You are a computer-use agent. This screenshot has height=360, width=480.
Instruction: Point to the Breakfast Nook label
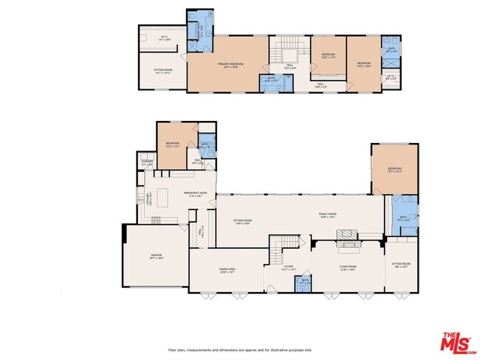coord(194,194)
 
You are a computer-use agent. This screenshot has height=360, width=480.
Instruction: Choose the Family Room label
coord(327,215)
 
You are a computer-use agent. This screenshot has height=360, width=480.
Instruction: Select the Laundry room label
coord(147,164)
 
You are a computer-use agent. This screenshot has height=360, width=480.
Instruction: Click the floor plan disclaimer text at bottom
coord(239,350)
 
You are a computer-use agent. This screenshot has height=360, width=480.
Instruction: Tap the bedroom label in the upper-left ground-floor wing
coord(173,145)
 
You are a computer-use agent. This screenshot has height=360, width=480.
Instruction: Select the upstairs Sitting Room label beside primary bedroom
coord(163,73)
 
